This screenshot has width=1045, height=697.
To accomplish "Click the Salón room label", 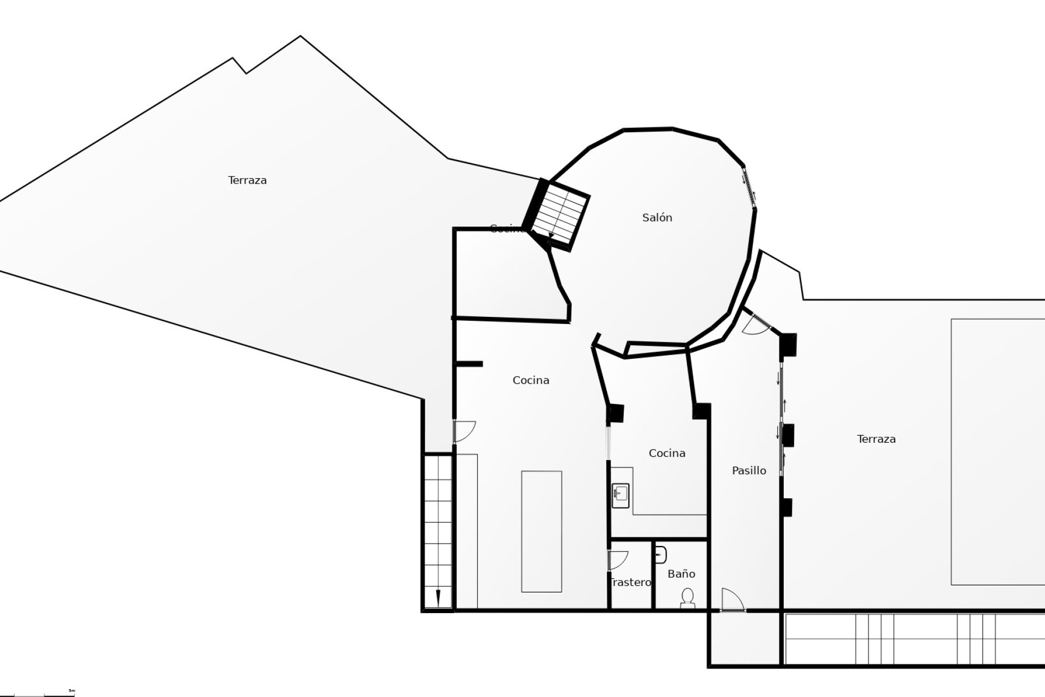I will (657, 218).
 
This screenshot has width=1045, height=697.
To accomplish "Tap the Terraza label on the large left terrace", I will (247, 180).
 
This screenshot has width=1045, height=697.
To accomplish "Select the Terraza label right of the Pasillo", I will (876, 439).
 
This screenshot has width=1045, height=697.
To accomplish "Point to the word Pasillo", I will (748, 470).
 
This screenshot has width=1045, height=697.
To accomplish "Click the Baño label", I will (681, 573).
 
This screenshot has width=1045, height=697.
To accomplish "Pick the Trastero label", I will (630, 582).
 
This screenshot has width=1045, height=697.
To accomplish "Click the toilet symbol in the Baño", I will (687, 597).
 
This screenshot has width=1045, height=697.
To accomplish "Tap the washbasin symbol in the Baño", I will (660, 554).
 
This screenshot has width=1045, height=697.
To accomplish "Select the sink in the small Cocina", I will (620, 496).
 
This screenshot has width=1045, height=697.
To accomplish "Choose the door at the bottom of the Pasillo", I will (733, 600).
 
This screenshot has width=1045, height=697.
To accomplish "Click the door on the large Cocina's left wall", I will (464, 431).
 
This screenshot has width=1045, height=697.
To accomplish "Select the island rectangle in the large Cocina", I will (542, 531).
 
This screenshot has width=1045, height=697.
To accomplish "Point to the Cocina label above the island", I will (531, 380).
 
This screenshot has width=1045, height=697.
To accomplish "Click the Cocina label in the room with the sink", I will (667, 453).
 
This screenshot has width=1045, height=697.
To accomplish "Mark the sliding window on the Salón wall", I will (749, 187).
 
